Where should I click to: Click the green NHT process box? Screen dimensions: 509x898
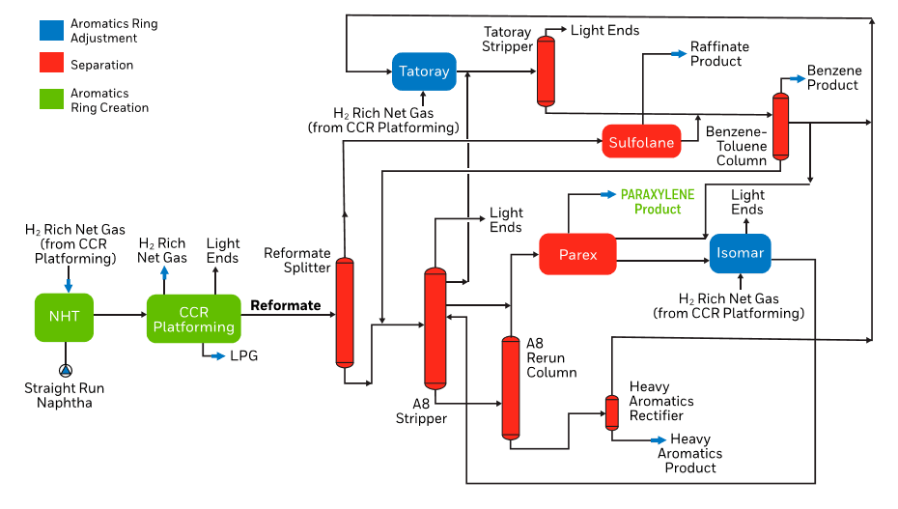(x=64, y=317)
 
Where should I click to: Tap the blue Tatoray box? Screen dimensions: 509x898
(x=424, y=71)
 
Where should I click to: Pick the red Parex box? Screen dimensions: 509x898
(x=577, y=255)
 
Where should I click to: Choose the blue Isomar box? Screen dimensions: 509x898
(x=740, y=254)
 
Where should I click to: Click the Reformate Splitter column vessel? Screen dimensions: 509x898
(x=345, y=312)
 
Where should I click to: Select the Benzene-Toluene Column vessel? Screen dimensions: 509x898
(x=780, y=126)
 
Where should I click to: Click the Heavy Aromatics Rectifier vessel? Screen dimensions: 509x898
(x=611, y=412)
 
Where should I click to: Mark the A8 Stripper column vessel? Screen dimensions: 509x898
(x=435, y=328)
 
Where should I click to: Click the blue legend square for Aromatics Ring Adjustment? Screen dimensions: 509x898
(x=51, y=30)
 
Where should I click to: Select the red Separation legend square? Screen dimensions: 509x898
(x=51, y=65)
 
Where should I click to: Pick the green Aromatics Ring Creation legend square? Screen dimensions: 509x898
(x=51, y=100)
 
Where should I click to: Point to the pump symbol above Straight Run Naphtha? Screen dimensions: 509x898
(x=65, y=370)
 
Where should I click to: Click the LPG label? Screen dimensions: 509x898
(x=244, y=356)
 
